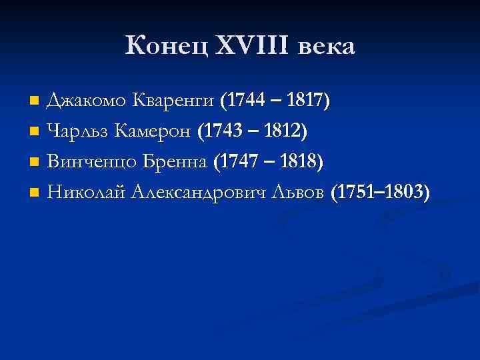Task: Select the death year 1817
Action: [x=307, y=101]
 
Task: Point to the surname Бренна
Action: [x=173, y=162]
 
